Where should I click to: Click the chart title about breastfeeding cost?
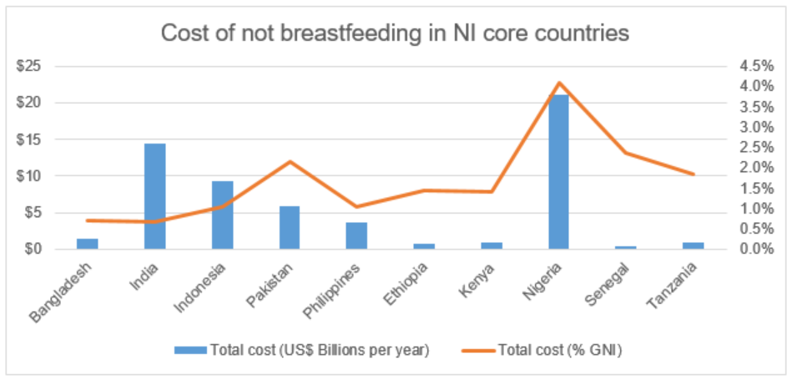395,33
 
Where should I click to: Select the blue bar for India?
154,196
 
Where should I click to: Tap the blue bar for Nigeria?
558,172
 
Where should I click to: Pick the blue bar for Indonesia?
222,215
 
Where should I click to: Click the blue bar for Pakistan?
290,227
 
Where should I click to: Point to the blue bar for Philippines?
356,235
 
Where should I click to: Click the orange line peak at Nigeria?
558,83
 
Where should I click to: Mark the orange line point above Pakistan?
290,161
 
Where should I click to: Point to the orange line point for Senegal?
626,153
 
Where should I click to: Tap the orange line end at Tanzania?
693,174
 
